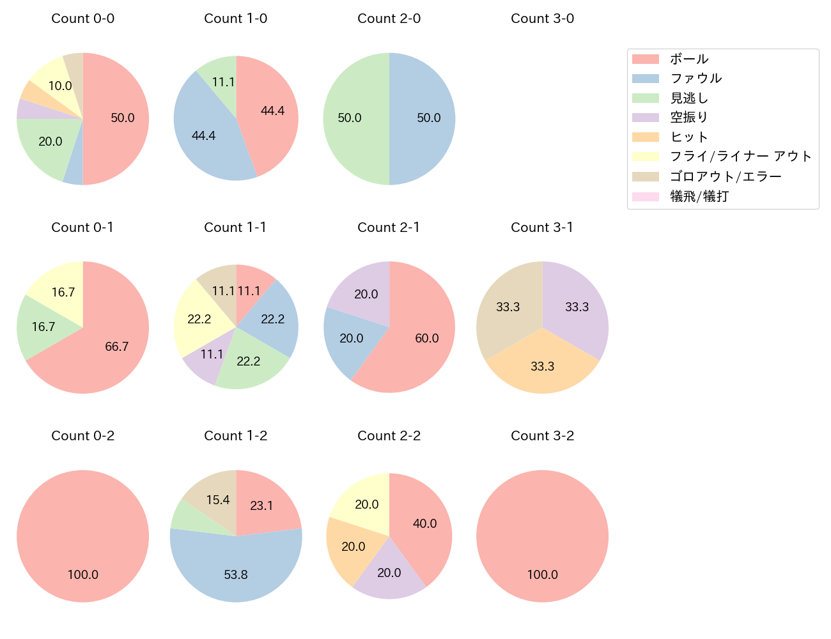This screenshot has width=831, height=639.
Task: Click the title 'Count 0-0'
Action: pos(82,19)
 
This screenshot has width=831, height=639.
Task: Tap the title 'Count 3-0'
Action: pos(542,19)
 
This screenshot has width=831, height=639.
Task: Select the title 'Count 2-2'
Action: pos(389,436)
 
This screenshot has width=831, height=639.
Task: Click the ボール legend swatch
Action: pos(645,59)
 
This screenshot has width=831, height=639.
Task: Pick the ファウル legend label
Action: pos(695,79)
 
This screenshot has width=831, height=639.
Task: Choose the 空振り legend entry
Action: pos(688,118)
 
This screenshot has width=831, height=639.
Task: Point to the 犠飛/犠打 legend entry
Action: pos(699,196)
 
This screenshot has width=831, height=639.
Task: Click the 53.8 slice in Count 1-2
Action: pos(236,572)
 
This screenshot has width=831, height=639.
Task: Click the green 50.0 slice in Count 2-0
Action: pos(352,118)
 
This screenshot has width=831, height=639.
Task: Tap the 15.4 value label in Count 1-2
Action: pos(218,500)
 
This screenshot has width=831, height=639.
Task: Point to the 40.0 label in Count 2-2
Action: pos(424,523)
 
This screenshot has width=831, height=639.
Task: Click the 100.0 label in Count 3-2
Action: pos(542,574)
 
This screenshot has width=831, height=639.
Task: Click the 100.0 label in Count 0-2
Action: pos(82,574)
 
